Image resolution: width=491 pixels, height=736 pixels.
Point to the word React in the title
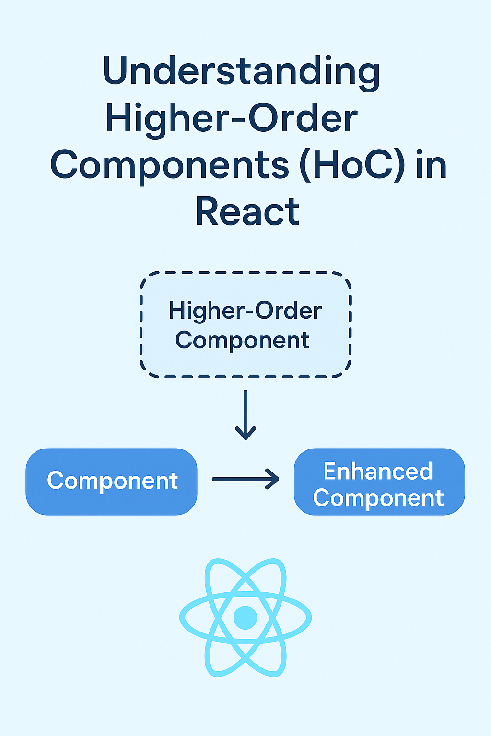pyautogui.click(x=247, y=212)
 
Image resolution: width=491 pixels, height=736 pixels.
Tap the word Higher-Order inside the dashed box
pyautogui.click(x=245, y=310)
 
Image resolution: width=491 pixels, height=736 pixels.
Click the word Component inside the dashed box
pyautogui.click(x=243, y=340)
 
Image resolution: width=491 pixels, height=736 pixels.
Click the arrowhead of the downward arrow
pyautogui.click(x=245, y=434)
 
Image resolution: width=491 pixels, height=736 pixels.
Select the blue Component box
pyautogui.click(x=111, y=482)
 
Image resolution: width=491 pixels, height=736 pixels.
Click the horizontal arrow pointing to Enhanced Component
pyautogui.click(x=245, y=479)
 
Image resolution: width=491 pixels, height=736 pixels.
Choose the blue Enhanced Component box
pyautogui.click(x=379, y=482)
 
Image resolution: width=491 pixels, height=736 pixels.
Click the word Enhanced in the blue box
pyautogui.click(x=378, y=471)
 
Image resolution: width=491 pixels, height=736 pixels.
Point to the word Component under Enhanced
pyautogui.click(x=378, y=498)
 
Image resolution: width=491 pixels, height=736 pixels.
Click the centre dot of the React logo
pyautogui.click(x=245, y=617)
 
